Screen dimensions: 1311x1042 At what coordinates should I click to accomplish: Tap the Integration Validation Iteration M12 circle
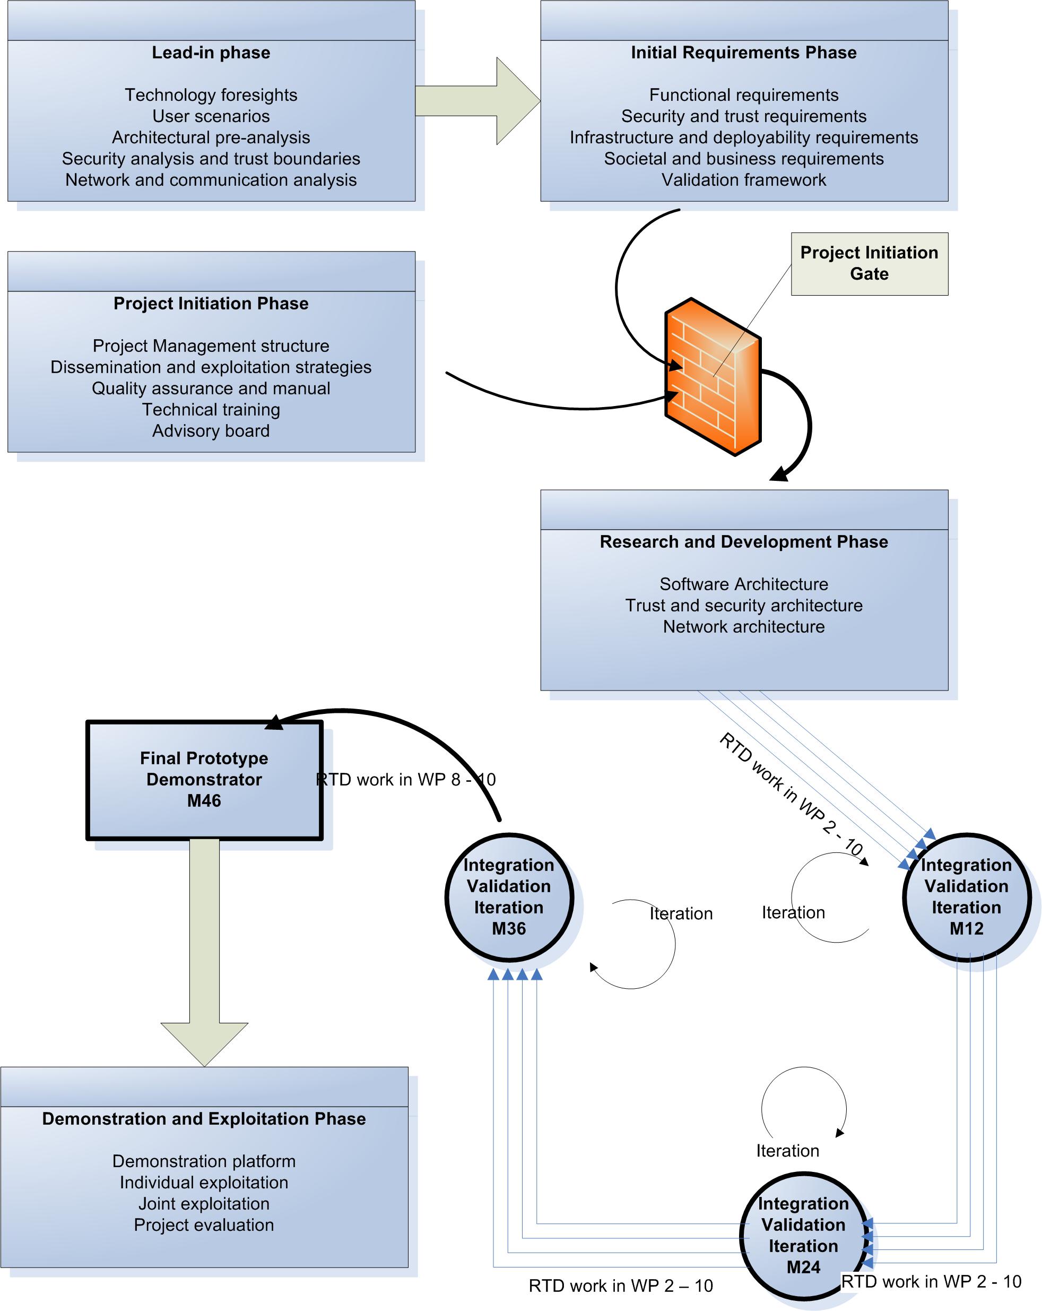[966, 896]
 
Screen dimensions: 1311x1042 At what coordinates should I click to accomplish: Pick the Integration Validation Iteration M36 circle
[509, 896]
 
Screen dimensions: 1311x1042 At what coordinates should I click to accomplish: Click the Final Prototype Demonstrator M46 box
[204, 780]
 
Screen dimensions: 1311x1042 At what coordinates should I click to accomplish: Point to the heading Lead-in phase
[211, 53]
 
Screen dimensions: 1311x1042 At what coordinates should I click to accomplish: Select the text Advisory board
[211, 430]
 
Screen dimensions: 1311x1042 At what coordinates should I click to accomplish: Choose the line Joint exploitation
[204, 1203]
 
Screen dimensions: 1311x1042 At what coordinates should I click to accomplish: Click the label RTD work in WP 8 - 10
[406, 780]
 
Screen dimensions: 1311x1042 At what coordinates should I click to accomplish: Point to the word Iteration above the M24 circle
[787, 1151]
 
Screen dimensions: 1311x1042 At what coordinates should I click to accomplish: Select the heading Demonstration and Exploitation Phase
[204, 1119]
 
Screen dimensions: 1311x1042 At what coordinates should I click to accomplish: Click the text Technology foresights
[211, 95]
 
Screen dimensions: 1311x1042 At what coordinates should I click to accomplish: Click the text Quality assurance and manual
[211, 388]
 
